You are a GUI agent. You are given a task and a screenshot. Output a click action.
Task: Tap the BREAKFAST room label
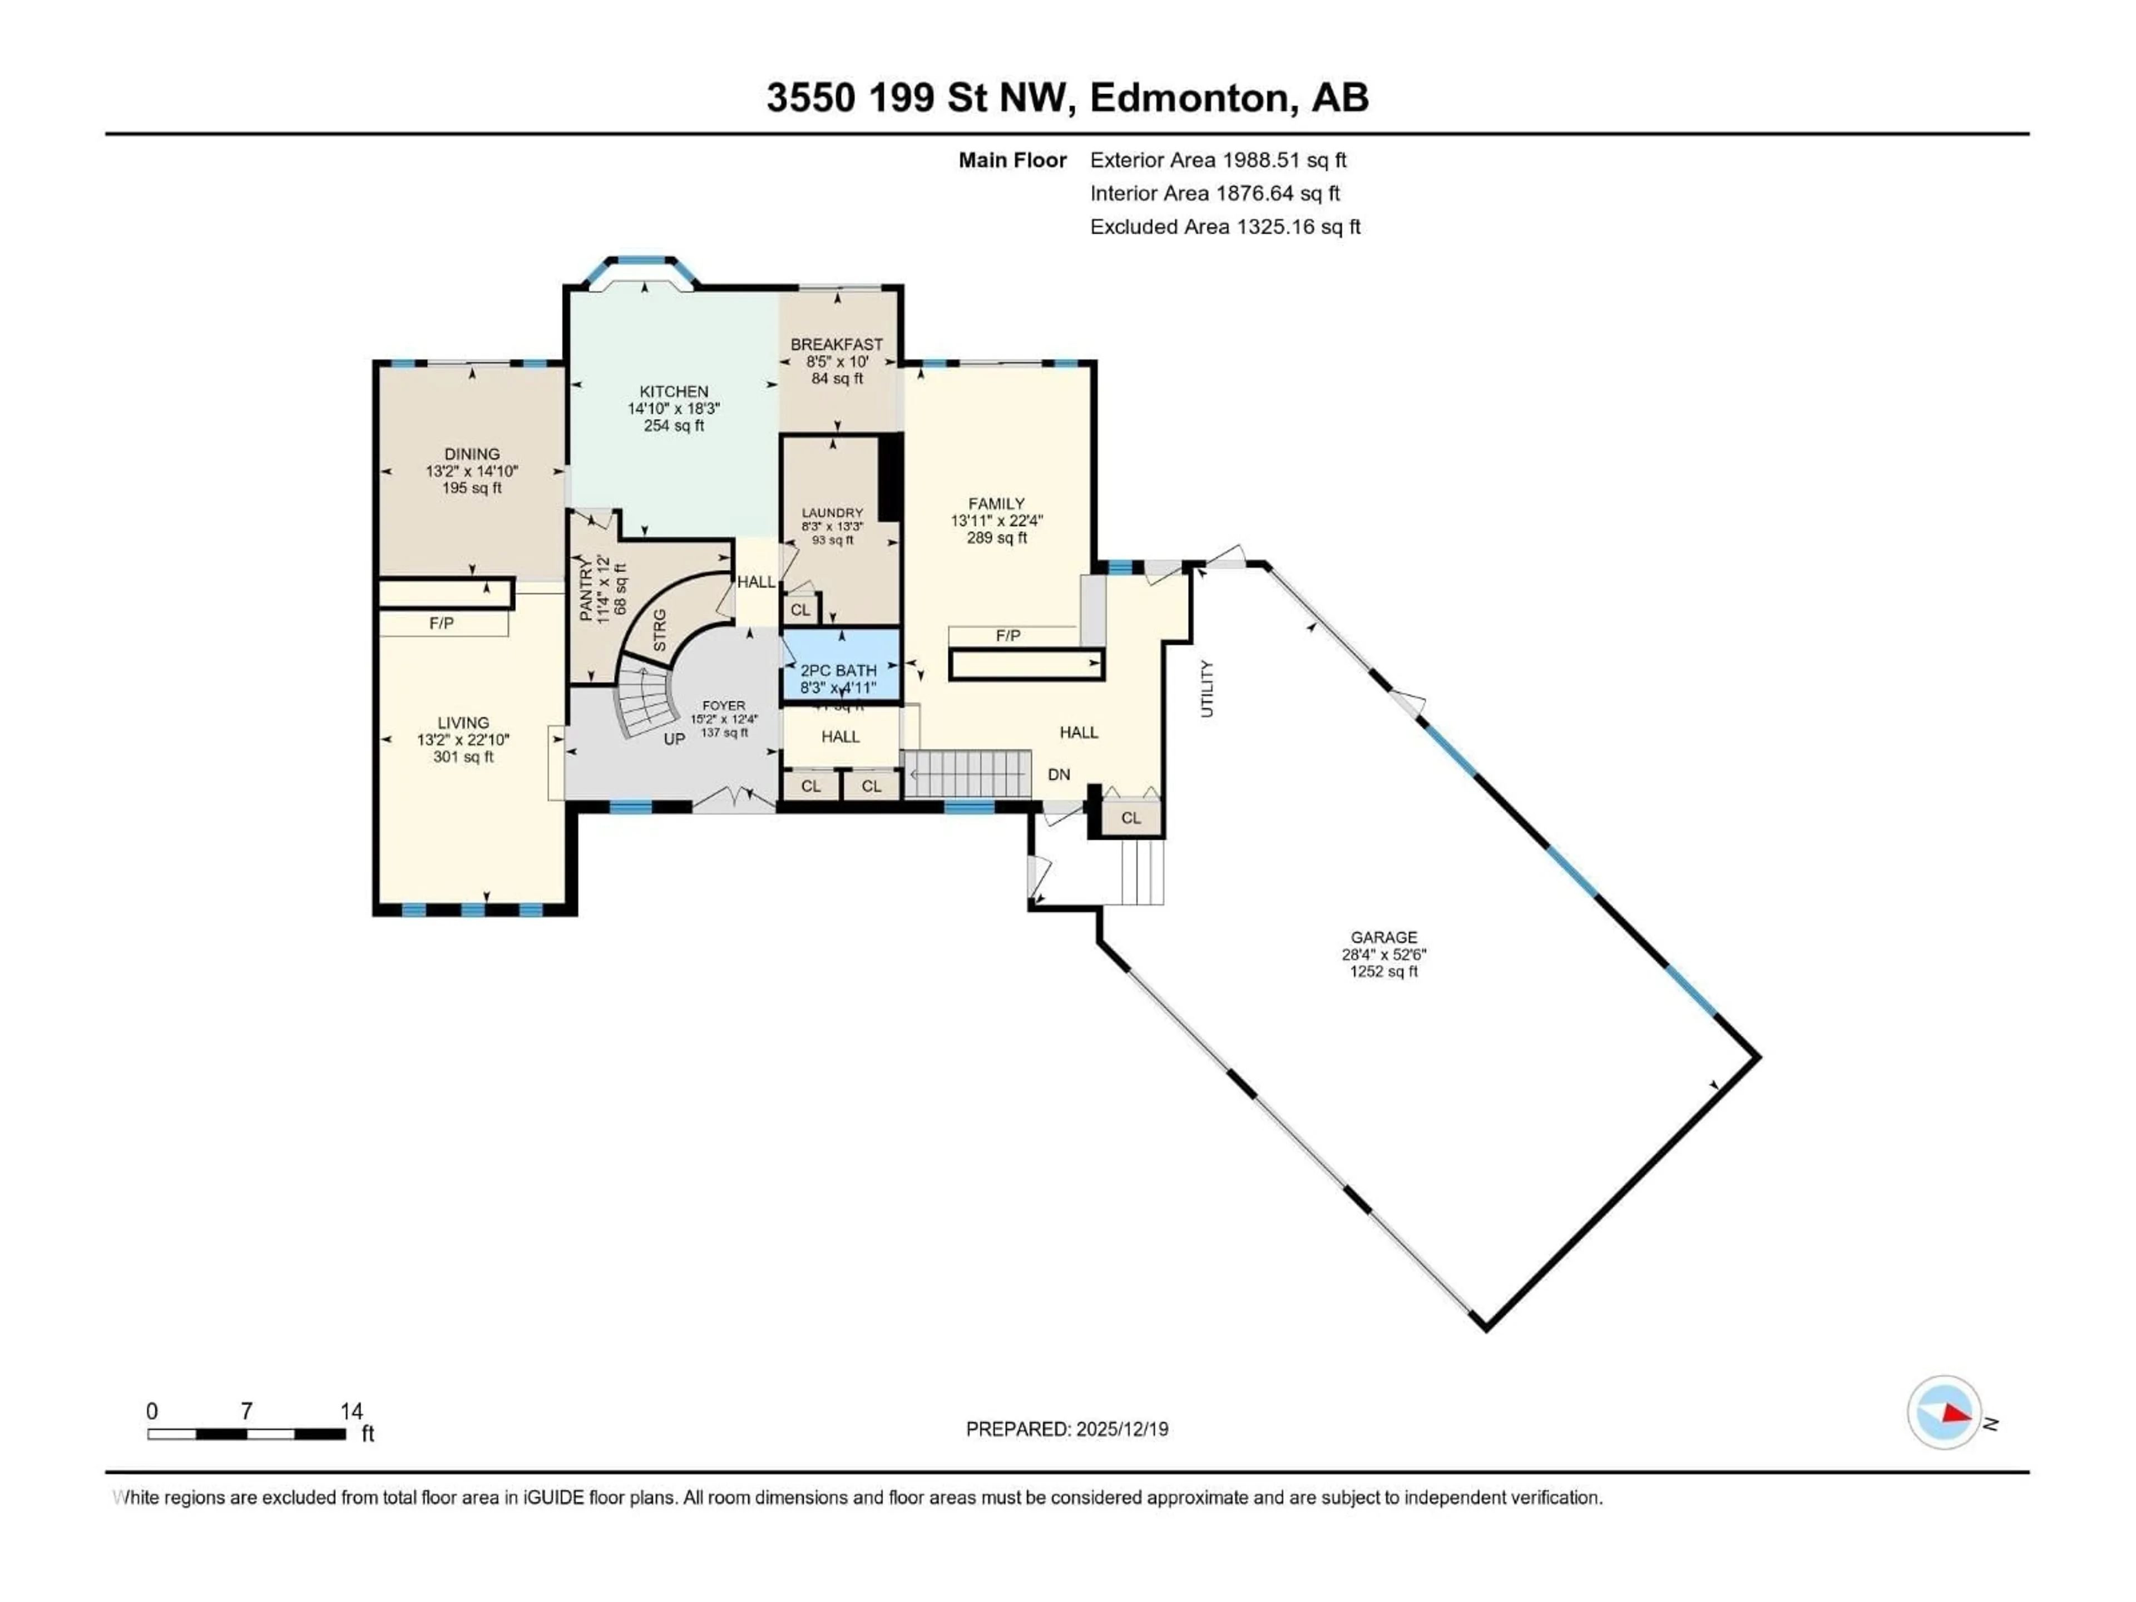pos(836,344)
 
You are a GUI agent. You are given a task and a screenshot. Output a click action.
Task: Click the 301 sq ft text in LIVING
pos(463,757)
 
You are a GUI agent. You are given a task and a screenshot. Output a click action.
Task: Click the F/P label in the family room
pos(1007,635)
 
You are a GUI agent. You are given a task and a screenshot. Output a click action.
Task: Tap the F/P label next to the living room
pos(441,624)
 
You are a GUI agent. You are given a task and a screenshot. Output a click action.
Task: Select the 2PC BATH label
pos(838,670)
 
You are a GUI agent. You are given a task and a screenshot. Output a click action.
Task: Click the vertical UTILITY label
pos(1206,689)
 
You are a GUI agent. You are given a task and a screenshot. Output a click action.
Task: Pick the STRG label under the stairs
pos(660,630)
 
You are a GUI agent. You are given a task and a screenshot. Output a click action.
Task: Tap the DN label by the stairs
pos(1059,774)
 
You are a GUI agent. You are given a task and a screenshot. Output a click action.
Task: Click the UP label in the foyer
pos(674,739)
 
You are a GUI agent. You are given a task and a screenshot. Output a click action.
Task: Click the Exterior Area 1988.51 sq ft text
pos(1218,160)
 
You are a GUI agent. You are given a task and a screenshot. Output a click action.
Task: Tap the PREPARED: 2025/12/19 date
pos(1066,1429)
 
